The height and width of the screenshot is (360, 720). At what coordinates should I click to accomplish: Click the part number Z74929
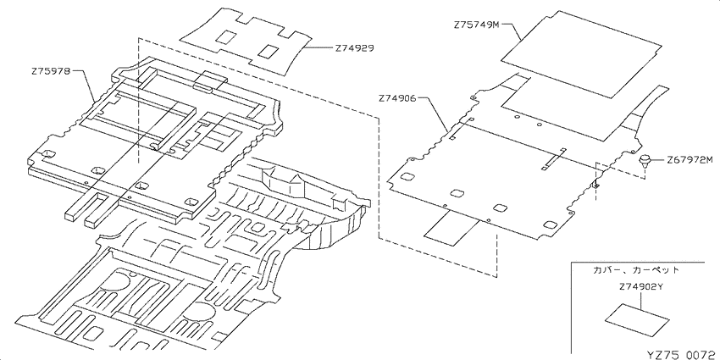[x=354, y=47]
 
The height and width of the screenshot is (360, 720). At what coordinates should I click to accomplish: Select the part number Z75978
[x=51, y=71]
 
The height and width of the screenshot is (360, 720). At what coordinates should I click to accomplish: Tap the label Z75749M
[x=476, y=25]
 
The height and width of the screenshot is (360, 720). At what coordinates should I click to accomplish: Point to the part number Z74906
[x=397, y=97]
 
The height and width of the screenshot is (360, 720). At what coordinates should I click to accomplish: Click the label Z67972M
[x=690, y=159]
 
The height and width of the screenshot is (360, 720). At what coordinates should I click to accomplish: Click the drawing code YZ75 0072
[x=681, y=354]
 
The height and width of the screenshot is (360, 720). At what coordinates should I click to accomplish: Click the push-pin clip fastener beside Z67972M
[x=645, y=160]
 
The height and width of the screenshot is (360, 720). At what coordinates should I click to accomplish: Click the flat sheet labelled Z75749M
[x=581, y=54]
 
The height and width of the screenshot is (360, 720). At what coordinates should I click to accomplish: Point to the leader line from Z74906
[x=434, y=113]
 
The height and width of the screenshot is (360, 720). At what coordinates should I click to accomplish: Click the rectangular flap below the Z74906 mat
[x=451, y=228]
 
